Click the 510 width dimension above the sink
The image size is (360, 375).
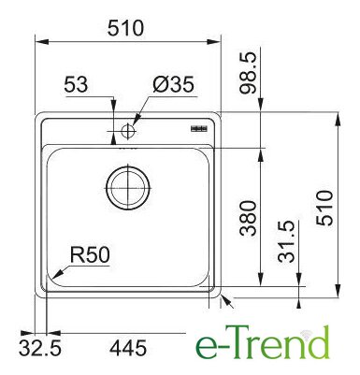pyautogui.click(x=125, y=28)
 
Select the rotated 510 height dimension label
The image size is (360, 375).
pyautogui.click(x=324, y=208)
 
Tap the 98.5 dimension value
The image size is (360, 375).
pyautogui.click(x=248, y=73)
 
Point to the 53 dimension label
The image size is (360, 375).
pyautogui.click(x=76, y=84)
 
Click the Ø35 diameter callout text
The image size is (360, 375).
pyautogui.click(x=174, y=84)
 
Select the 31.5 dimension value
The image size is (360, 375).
pyautogui.click(x=286, y=241)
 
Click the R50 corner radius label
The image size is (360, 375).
pyautogui.click(x=91, y=254)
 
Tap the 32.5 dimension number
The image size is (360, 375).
pyautogui.click(x=39, y=348)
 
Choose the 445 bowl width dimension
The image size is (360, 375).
pyautogui.click(x=128, y=348)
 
